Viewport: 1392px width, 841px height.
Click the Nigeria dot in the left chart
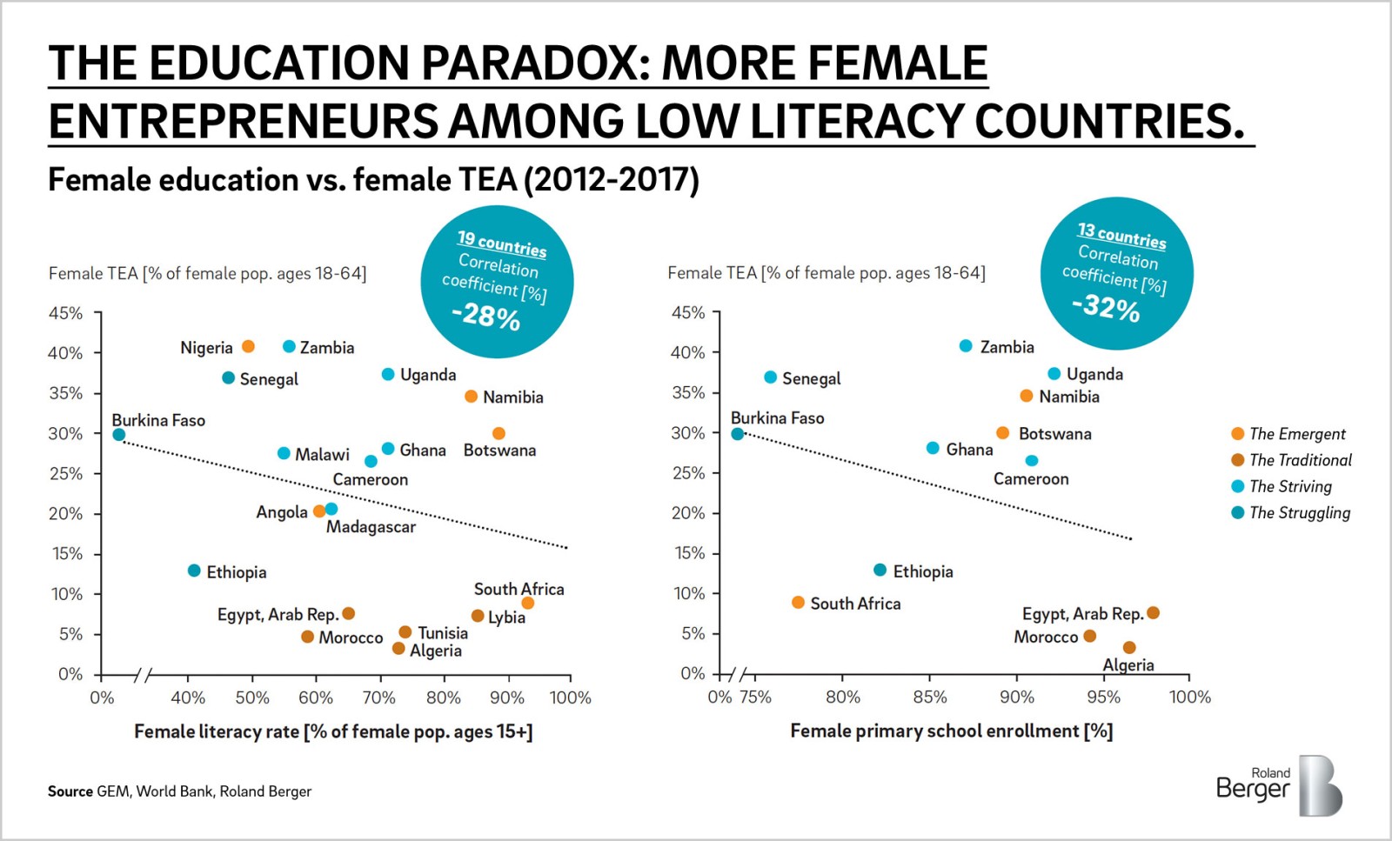coord(248,346)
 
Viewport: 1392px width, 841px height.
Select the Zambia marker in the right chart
coord(966,346)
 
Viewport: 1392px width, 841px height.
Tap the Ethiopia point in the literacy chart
coord(194,571)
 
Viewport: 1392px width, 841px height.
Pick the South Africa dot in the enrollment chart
coord(798,602)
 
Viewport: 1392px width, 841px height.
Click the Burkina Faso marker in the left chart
coord(119,434)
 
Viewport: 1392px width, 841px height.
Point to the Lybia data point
coord(478,616)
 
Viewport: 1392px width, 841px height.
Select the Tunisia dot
coord(405,632)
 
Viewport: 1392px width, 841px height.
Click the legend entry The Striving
coord(1290,486)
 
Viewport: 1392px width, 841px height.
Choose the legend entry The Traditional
coord(1300,460)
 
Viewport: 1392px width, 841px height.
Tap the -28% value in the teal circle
coord(485,315)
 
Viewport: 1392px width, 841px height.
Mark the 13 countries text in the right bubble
coord(1121,235)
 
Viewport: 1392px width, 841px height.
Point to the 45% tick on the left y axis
coord(66,313)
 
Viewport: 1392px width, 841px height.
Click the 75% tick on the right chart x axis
coord(754,697)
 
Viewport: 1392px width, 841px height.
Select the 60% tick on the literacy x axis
coord(315,697)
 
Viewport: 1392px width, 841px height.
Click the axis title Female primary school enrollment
coord(951,731)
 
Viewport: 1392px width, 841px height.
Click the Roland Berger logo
coord(1279,785)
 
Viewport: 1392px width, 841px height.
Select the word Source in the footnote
coord(70,791)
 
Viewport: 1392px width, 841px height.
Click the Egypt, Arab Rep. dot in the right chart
coord(1153,612)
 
